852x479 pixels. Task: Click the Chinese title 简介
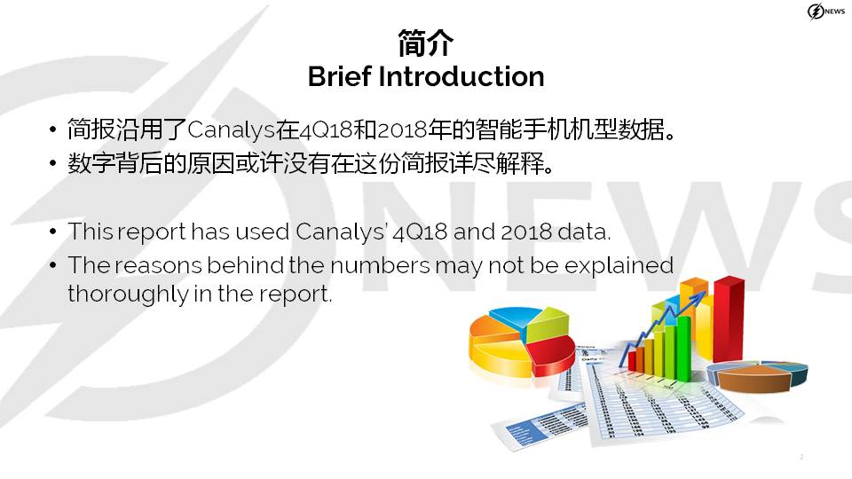(425, 43)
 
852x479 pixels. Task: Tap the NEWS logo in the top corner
(825, 11)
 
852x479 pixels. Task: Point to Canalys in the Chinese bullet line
(231, 130)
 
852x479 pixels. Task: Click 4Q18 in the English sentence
(420, 232)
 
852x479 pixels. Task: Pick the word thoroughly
(127, 294)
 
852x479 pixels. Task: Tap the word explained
(619, 266)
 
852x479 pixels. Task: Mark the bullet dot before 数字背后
(52, 163)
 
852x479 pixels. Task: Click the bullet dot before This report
(52, 232)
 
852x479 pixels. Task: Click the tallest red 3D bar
(728, 318)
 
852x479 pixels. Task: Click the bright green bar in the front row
(683, 348)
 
